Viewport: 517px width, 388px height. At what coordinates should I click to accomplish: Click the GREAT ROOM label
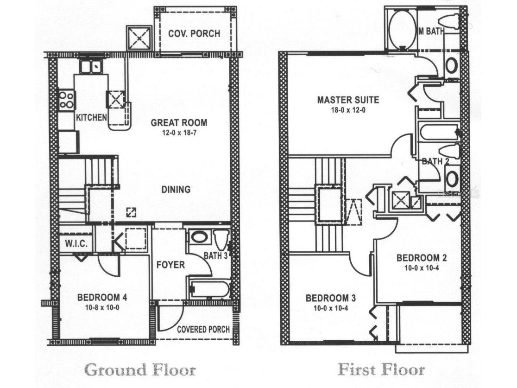179,123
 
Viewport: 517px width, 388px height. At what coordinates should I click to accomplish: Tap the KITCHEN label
91,117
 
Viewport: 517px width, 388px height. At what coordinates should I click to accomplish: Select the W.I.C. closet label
76,244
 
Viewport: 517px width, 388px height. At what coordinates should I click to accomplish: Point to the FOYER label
170,265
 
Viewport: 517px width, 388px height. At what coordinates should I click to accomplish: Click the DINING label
176,190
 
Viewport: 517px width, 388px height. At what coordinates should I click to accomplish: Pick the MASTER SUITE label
348,100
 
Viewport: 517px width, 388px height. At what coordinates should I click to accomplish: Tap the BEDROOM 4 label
102,298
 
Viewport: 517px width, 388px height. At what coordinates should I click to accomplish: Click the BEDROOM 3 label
331,298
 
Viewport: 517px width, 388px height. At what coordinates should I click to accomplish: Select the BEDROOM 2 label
422,258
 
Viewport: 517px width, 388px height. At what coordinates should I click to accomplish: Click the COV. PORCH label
194,33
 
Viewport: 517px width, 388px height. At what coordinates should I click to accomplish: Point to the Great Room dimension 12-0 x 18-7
179,134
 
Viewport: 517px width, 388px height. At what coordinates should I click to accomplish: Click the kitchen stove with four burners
67,100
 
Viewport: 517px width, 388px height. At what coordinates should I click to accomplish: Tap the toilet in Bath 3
220,240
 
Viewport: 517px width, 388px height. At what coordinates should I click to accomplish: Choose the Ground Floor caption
140,370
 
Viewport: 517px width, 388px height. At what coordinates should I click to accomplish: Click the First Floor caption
381,369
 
